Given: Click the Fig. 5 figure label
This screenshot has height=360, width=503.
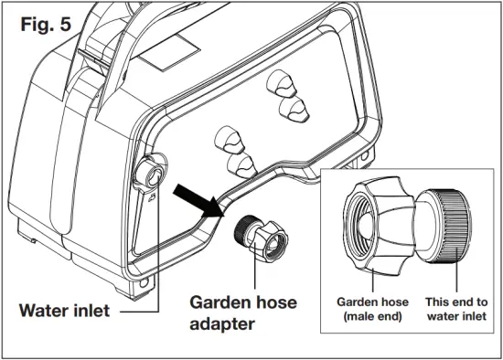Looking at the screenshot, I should click(46, 25).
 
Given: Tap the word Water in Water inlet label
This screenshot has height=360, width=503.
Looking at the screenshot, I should click(44, 311).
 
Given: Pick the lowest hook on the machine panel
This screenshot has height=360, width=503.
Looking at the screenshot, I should click(240, 164).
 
